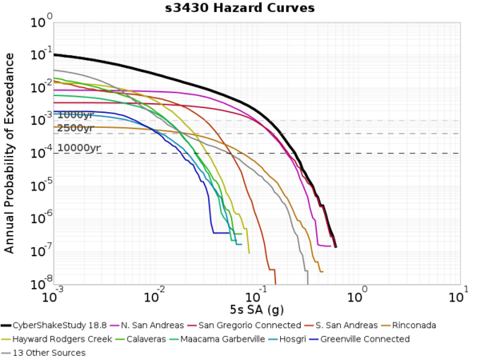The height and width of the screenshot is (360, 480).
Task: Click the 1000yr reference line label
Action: tap(75, 115)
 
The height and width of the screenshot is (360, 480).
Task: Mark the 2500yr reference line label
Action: tap(75, 128)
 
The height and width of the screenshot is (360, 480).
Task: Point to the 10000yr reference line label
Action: tap(78, 148)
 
